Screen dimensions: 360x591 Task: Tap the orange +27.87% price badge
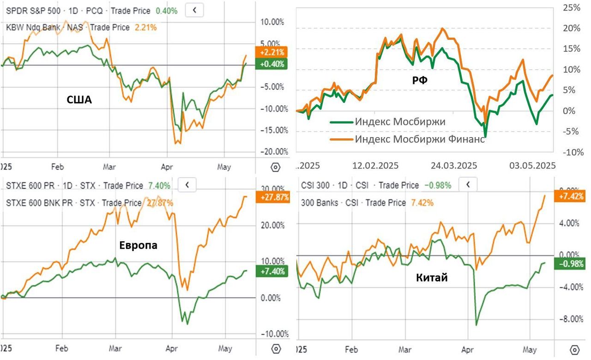272,197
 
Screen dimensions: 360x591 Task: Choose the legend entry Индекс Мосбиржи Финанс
420,139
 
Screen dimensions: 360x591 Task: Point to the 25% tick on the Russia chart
571,7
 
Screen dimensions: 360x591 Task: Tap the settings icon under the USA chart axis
276,167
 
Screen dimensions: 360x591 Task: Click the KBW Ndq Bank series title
33,27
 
